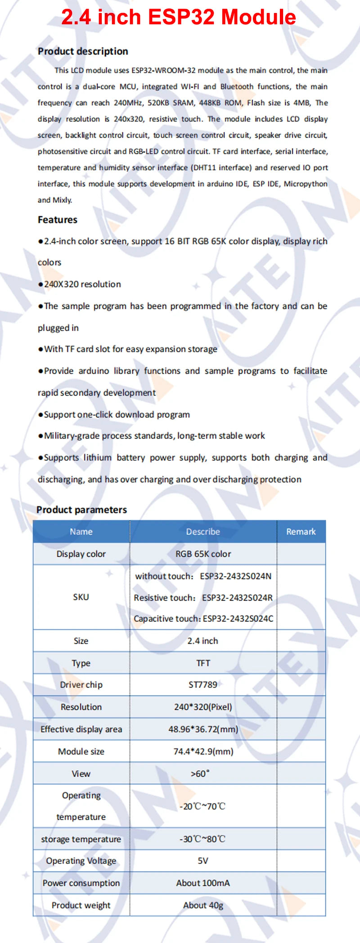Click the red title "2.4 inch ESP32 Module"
[x=179, y=18]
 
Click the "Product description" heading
[x=83, y=51]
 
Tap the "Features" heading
[x=58, y=220]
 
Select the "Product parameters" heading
[x=81, y=510]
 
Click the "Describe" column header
[x=203, y=532]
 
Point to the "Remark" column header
[x=301, y=532]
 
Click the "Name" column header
[x=81, y=532]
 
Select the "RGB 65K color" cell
[x=203, y=554]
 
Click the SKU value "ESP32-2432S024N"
[x=236, y=576]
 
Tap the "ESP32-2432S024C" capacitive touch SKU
[x=238, y=619]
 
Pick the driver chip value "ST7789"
[x=203, y=685]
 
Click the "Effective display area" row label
[x=81, y=729]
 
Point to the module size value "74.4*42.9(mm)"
[x=203, y=751]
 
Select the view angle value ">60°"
[x=200, y=774]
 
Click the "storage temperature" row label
[x=81, y=839]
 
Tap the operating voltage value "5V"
[x=203, y=861]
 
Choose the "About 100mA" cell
[x=203, y=883]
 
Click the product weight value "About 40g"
[x=203, y=905]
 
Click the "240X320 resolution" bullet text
[x=82, y=284]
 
